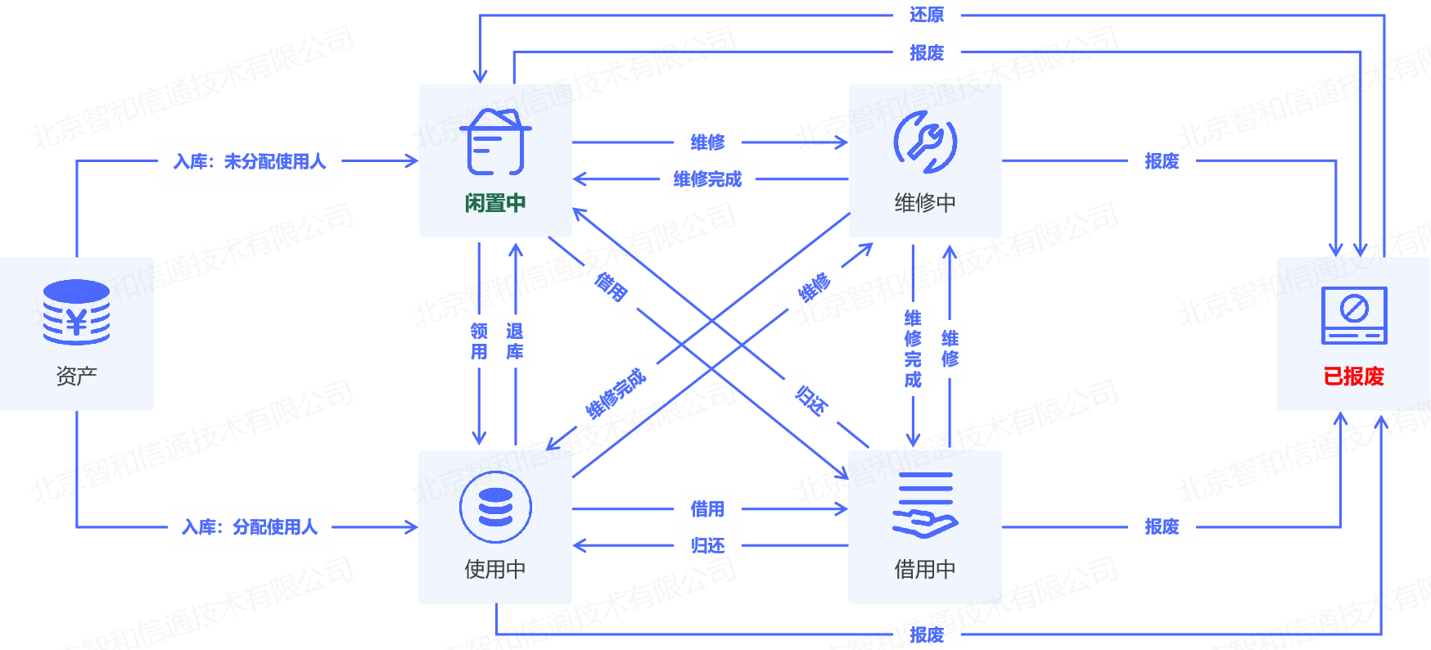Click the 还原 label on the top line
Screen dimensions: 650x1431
point(927,15)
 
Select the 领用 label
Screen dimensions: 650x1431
point(479,341)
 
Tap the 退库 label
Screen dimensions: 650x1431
point(515,341)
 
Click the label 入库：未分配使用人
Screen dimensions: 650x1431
point(250,161)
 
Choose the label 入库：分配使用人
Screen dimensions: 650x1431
point(250,527)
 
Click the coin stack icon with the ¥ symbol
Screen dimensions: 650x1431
point(76,313)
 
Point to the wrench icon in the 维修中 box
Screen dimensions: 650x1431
point(925,142)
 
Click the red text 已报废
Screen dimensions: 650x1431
point(1353,377)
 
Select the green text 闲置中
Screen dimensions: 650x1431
point(495,203)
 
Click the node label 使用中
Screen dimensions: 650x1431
point(495,569)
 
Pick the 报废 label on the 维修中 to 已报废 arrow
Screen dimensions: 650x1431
point(1162,161)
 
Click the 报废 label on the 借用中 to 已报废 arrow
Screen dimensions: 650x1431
point(1162,527)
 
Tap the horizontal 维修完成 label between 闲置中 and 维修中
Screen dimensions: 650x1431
point(707,179)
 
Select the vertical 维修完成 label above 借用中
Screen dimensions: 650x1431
point(913,349)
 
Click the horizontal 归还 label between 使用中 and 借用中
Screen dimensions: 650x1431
point(707,546)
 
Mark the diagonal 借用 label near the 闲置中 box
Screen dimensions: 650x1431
point(611,287)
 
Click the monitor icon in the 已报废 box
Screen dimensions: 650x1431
point(1354,315)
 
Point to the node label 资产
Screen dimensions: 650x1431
point(76,377)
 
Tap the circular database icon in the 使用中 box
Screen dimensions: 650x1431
point(495,508)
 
